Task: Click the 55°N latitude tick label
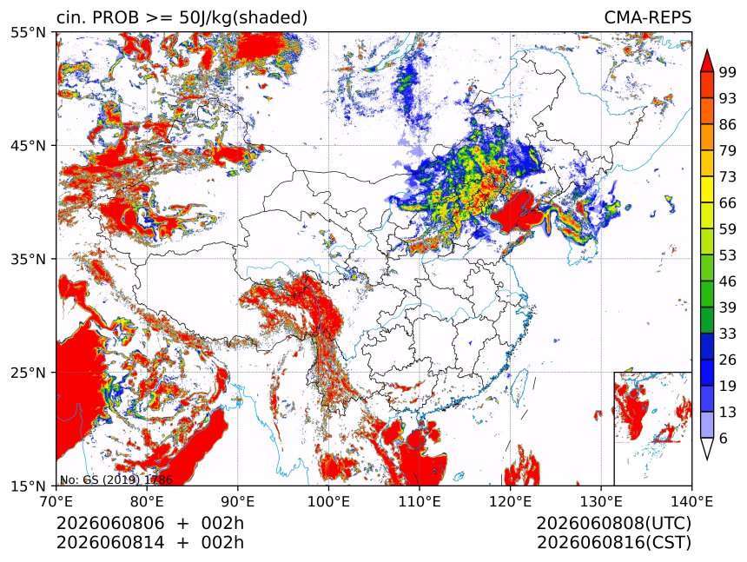point(28,33)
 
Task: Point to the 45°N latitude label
point(28,146)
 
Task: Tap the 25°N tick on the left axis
point(28,373)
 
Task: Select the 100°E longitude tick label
point(328,501)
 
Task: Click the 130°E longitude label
point(601,501)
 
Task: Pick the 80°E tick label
point(147,501)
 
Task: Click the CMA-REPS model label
point(647,17)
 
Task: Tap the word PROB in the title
point(116,17)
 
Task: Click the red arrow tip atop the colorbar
point(707,50)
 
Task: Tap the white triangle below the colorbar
point(707,449)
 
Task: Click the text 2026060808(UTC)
point(613,524)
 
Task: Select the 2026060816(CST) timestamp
point(613,543)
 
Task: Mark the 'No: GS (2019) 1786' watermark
point(116,479)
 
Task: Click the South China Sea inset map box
point(652,428)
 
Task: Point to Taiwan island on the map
point(518,386)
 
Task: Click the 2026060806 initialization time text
point(110,524)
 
